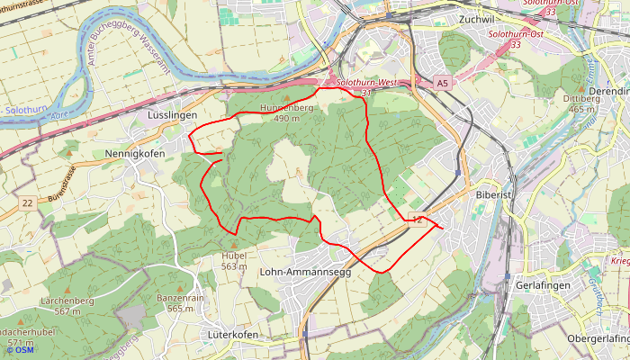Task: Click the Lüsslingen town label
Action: coord(171,116)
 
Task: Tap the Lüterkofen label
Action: coord(232,335)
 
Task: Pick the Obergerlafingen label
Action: coord(598,338)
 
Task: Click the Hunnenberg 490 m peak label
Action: coord(286,112)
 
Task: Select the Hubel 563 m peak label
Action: coord(234,260)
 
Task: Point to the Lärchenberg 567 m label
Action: coord(67,304)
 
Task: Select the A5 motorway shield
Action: coord(441,84)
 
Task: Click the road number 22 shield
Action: coord(28,203)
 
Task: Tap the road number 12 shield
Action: coord(416,220)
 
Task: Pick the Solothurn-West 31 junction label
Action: coord(365,87)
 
